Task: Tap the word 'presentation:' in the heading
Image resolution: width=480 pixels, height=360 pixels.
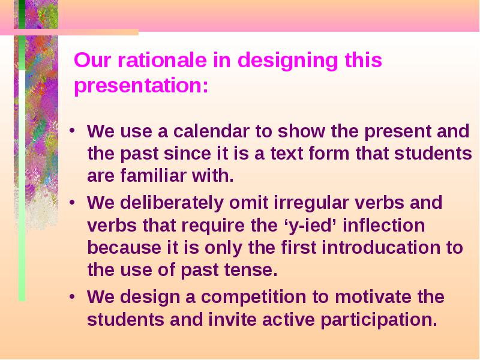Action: pos(142,85)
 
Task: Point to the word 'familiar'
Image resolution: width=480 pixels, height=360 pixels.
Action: pos(153,176)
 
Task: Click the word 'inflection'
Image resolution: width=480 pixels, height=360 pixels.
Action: pos(384,226)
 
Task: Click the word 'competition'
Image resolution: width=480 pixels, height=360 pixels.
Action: pos(253,298)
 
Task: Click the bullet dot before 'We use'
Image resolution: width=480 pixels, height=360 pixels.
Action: pos(72,131)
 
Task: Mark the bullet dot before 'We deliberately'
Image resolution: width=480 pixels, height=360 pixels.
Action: pos(72,203)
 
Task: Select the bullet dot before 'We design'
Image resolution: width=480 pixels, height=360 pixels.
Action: pos(72,297)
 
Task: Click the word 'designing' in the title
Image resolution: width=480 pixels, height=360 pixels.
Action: pos(288,61)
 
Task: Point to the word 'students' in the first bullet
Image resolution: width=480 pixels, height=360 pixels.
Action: pos(433,154)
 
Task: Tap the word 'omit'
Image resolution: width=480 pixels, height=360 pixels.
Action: pos(248,203)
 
